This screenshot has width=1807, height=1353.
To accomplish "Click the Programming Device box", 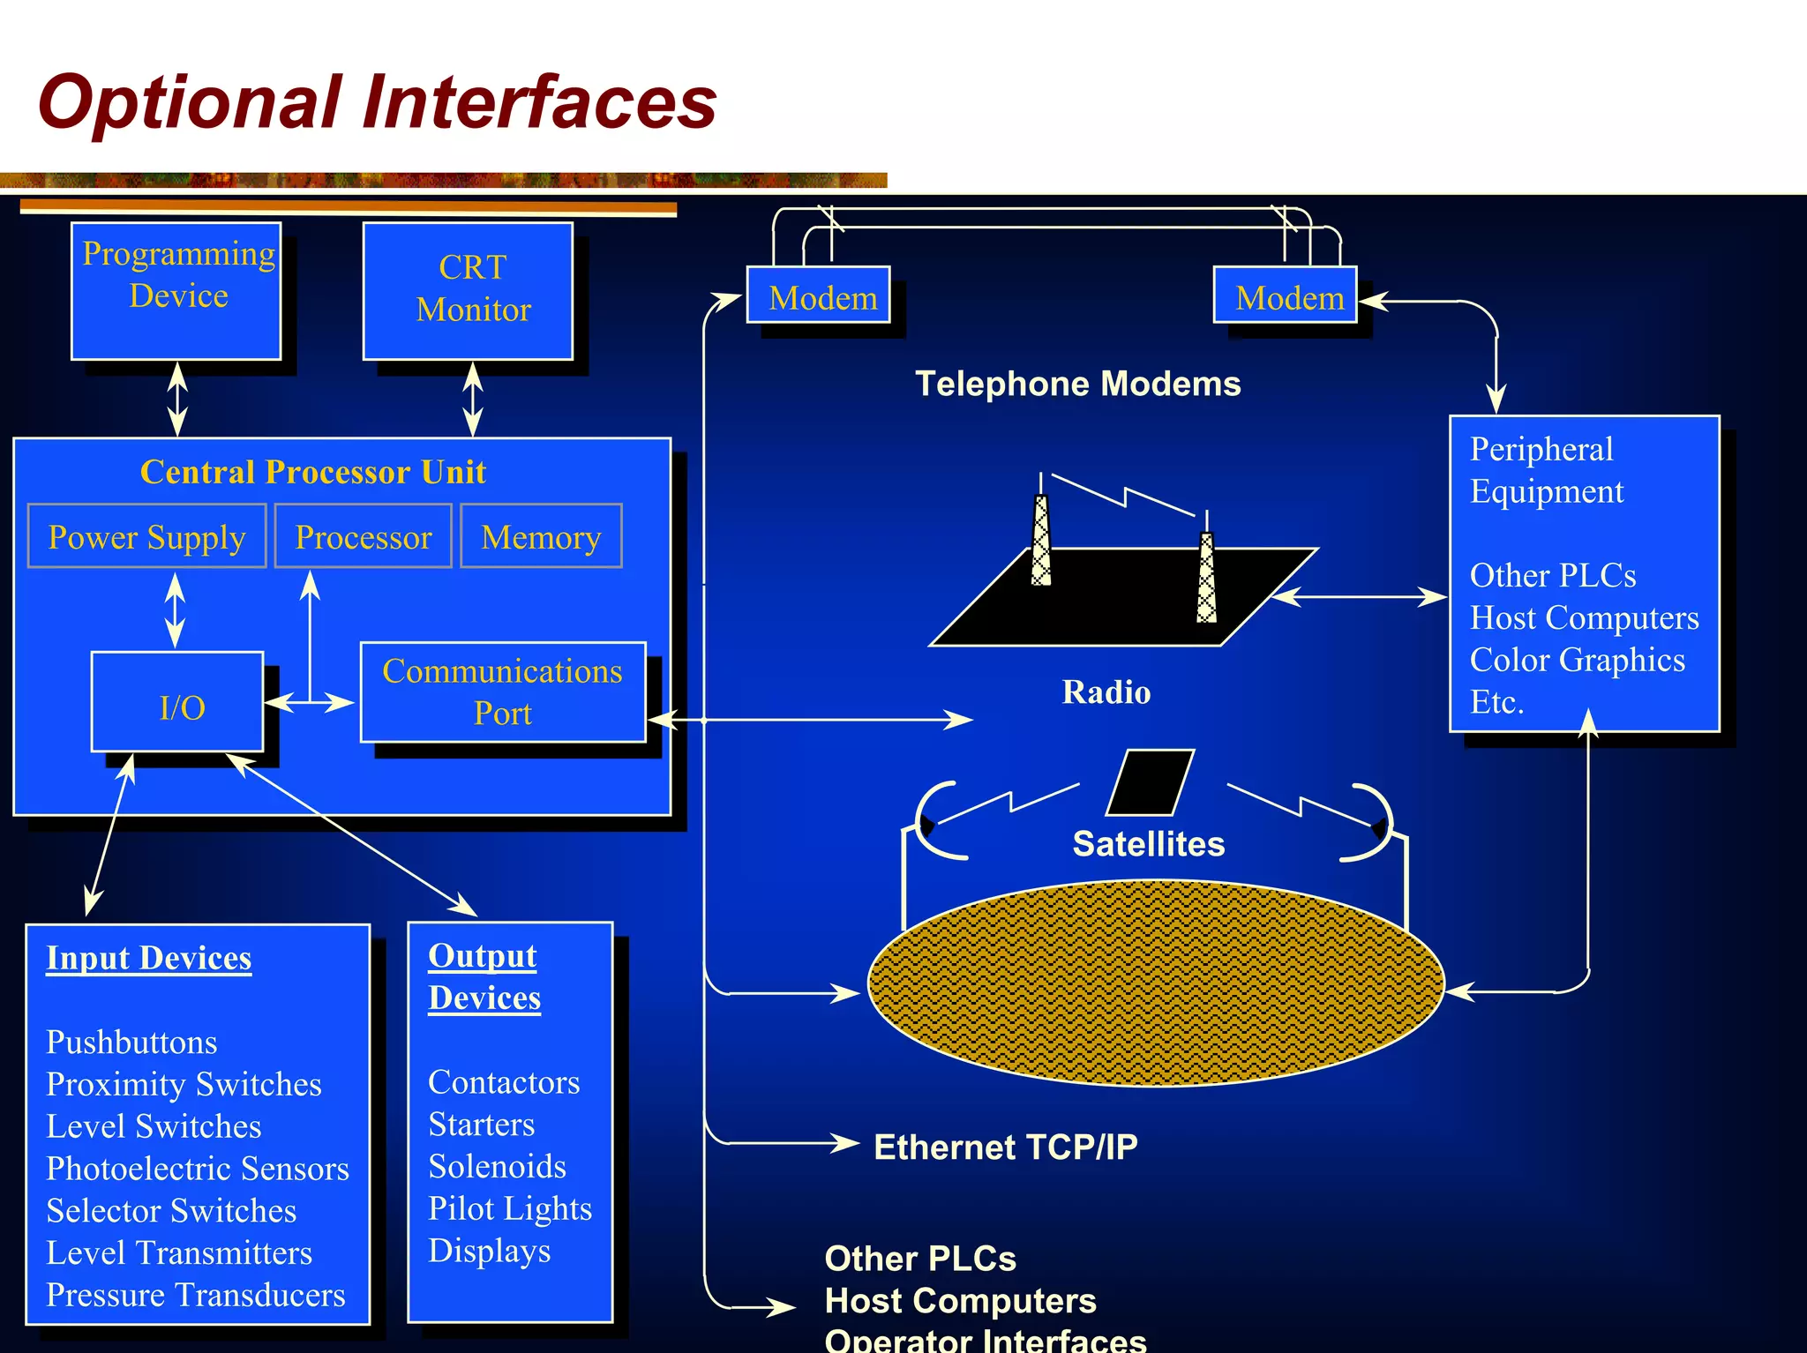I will (176, 291).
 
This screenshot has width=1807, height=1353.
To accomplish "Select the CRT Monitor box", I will (469, 291).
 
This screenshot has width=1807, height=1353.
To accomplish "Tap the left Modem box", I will (819, 295).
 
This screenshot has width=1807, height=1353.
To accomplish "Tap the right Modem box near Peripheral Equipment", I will (1286, 295).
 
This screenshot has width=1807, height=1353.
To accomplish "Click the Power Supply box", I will (146, 536).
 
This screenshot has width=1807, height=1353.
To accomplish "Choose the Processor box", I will (363, 536).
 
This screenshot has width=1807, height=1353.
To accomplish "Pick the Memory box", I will (541, 536).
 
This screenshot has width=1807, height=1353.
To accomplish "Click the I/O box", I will (178, 703).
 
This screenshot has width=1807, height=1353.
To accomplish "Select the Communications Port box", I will (503, 692).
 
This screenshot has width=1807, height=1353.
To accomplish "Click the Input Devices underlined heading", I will (148, 958).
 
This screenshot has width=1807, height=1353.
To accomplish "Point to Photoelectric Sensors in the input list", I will (197, 1169).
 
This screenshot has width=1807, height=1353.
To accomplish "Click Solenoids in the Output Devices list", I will (497, 1166).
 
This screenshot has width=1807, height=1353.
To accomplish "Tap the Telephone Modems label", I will (1077, 384).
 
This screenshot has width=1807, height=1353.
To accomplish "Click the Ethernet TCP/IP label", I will (1005, 1147).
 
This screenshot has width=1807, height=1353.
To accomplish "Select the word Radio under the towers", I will (1106, 692).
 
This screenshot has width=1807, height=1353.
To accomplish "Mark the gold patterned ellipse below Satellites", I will (1156, 983).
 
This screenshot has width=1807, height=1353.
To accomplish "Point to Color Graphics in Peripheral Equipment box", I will (1577, 660).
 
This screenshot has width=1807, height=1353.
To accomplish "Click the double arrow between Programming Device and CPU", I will (177, 399).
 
